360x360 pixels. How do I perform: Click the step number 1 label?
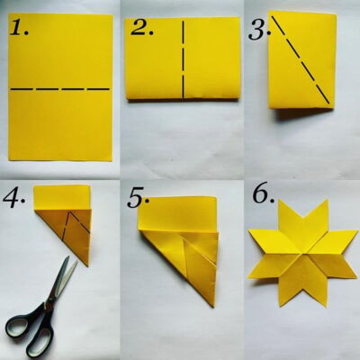pyautogui.click(x=20, y=28)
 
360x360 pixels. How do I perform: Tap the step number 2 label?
pyautogui.click(x=142, y=28)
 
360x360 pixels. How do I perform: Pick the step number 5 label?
pyautogui.click(x=138, y=198)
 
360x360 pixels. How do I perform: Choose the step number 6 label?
pyautogui.click(x=264, y=195)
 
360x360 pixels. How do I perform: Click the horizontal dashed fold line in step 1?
pyautogui.click(x=60, y=89)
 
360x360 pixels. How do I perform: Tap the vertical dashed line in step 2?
pyautogui.click(x=183, y=59)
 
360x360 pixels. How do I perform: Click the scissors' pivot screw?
pyautogui.click(x=48, y=304)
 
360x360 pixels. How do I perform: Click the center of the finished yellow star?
pyautogui.click(x=303, y=253)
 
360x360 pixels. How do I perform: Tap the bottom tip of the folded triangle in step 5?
pyautogui.click(x=213, y=307)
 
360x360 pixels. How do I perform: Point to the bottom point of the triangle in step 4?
pyautogui.click(x=88, y=265)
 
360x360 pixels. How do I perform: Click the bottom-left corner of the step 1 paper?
pyautogui.click(x=9, y=161)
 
